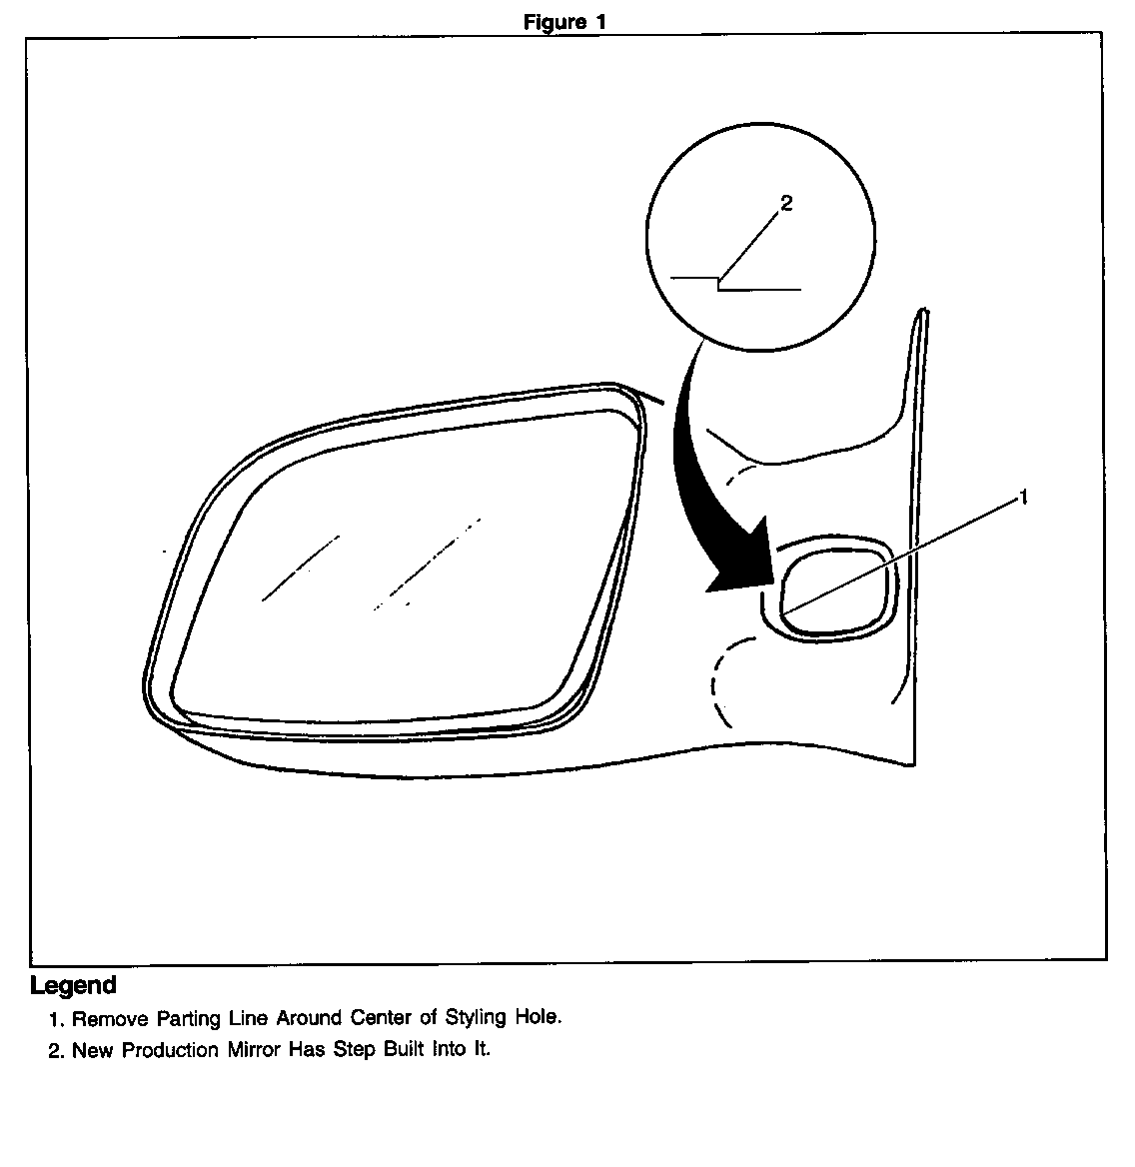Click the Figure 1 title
tap(565, 22)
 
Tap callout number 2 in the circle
tap(786, 203)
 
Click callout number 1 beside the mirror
tap(1024, 497)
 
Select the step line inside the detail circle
tap(735, 284)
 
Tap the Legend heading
tap(73, 985)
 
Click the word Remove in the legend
tap(110, 1018)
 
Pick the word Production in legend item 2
tap(170, 1050)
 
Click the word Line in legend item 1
tap(248, 1018)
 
